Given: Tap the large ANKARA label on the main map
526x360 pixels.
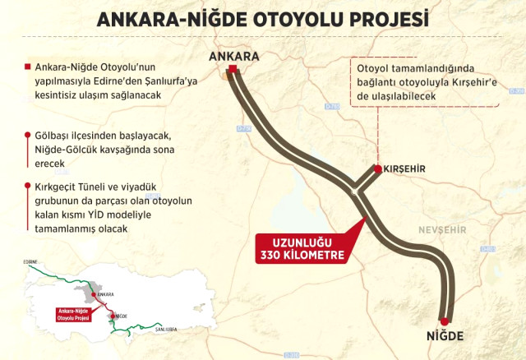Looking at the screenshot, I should (234, 57).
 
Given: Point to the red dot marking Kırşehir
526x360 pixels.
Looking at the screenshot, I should (377, 168).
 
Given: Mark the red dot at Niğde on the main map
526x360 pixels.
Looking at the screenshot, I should (445, 321).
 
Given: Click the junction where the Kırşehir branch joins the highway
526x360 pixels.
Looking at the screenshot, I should (355, 191).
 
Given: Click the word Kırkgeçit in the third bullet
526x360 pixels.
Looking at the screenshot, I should (53, 187).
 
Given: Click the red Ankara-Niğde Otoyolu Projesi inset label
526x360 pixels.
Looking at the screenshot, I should (74, 315).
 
